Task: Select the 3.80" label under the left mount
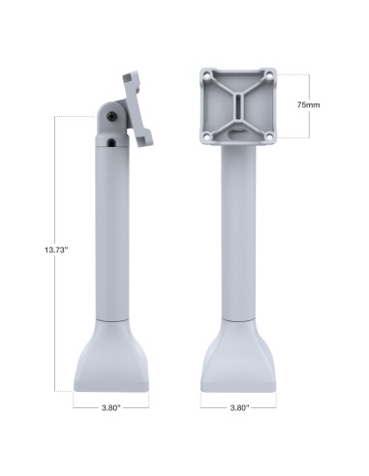pos(110,408)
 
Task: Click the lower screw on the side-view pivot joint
pos(114,142)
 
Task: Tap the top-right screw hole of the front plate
pos(268,74)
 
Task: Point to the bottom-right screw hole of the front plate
pos(268,135)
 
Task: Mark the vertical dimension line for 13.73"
pos(55,193)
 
